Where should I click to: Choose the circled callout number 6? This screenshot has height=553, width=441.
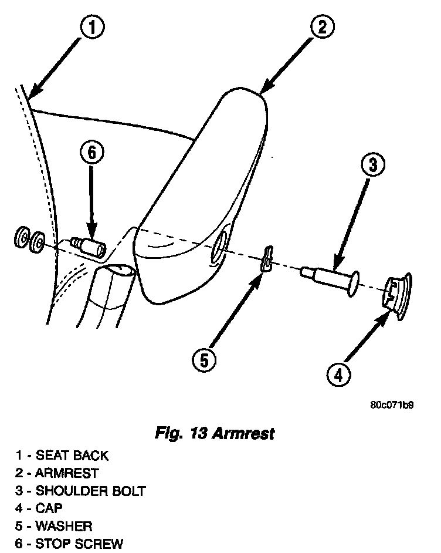[91, 153]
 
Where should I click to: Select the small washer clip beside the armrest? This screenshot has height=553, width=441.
[267, 259]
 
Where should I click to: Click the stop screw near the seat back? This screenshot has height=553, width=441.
[87, 246]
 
